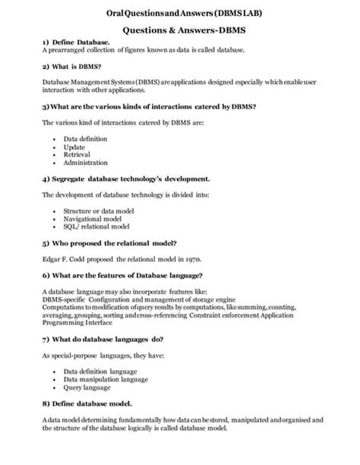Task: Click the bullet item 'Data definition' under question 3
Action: [x=85, y=139]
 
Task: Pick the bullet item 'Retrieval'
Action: [x=77, y=155]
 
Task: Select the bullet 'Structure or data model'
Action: [x=98, y=210]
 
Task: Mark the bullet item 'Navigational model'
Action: [x=93, y=218]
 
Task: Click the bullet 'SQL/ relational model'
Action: [x=96, y=226]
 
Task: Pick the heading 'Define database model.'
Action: [x=91, y=403]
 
